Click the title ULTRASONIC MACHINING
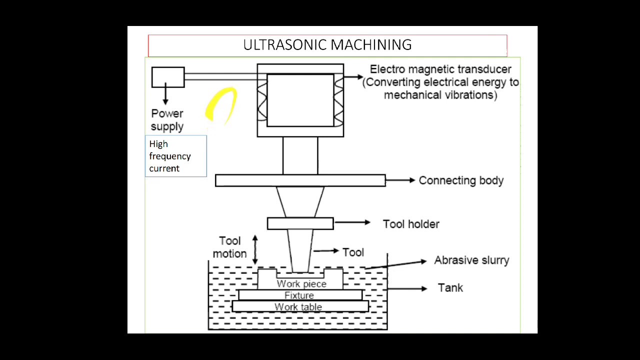click(327, 45)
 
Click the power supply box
click(168, 77)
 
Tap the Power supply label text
click(167, 120)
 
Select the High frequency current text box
click(175, 156)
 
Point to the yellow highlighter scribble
click(221, 105)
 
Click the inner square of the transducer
click(300, 100)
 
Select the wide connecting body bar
click(300, 180)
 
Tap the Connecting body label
click(460, 180)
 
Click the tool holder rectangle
click(300, 223)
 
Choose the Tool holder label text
click(410, 224)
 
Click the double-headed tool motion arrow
click(255, 249)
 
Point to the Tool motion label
click(229, 247)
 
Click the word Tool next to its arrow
click(353, 252)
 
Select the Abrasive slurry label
click(471, 260)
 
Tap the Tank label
click(450, 288)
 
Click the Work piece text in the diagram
click(301, 284)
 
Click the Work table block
click(299, 306)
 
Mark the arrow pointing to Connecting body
click(400, 180)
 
